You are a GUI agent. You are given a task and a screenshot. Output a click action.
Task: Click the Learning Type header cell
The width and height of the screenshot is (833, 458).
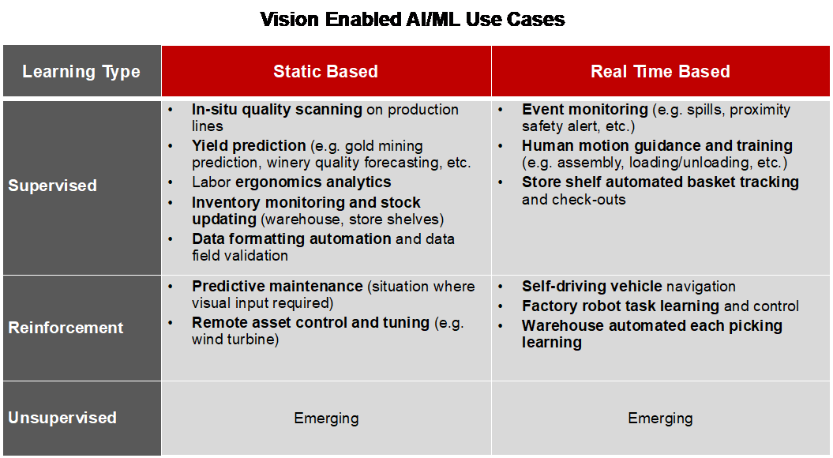coord(81,72)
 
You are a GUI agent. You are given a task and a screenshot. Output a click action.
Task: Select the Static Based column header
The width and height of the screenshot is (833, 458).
coord(325,72)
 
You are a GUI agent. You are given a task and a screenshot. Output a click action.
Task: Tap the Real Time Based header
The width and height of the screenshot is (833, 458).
coord(660,72)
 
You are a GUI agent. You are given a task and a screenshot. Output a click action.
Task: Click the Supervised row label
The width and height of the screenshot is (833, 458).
coord(52,186)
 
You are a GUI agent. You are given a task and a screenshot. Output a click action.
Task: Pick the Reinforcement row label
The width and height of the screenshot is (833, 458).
coord(66,328)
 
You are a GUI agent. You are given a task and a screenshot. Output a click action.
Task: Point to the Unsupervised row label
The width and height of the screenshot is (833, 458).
coord(62,418)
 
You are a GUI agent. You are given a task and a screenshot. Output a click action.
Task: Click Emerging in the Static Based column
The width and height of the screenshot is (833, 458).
coord(326,418)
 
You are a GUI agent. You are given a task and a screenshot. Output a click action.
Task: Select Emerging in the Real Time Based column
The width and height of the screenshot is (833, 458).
coord(660,418)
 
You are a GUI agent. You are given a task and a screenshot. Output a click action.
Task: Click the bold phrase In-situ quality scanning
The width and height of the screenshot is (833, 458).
coord(276,110)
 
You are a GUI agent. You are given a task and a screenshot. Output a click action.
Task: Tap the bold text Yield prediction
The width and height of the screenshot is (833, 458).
coord(249,146)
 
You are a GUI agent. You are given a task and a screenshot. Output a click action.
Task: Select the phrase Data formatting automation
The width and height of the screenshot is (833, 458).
coord(291,238)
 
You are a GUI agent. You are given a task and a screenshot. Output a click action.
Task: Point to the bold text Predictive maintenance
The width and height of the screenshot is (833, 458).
coord(276,286)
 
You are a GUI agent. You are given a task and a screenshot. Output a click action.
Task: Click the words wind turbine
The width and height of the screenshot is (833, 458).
coord(234,340)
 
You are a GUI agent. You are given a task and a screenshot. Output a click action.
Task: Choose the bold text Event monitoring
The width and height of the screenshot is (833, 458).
coord(584,110)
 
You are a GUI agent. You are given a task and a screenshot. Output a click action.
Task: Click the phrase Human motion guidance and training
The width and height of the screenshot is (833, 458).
coord(657,146)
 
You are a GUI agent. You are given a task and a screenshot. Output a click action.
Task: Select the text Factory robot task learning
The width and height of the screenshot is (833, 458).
coord(621,306)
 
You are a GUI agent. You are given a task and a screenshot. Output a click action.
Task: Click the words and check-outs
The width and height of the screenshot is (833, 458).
coord(573,200)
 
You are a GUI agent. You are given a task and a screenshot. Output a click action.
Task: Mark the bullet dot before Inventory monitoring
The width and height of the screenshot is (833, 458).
coord(172,203)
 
